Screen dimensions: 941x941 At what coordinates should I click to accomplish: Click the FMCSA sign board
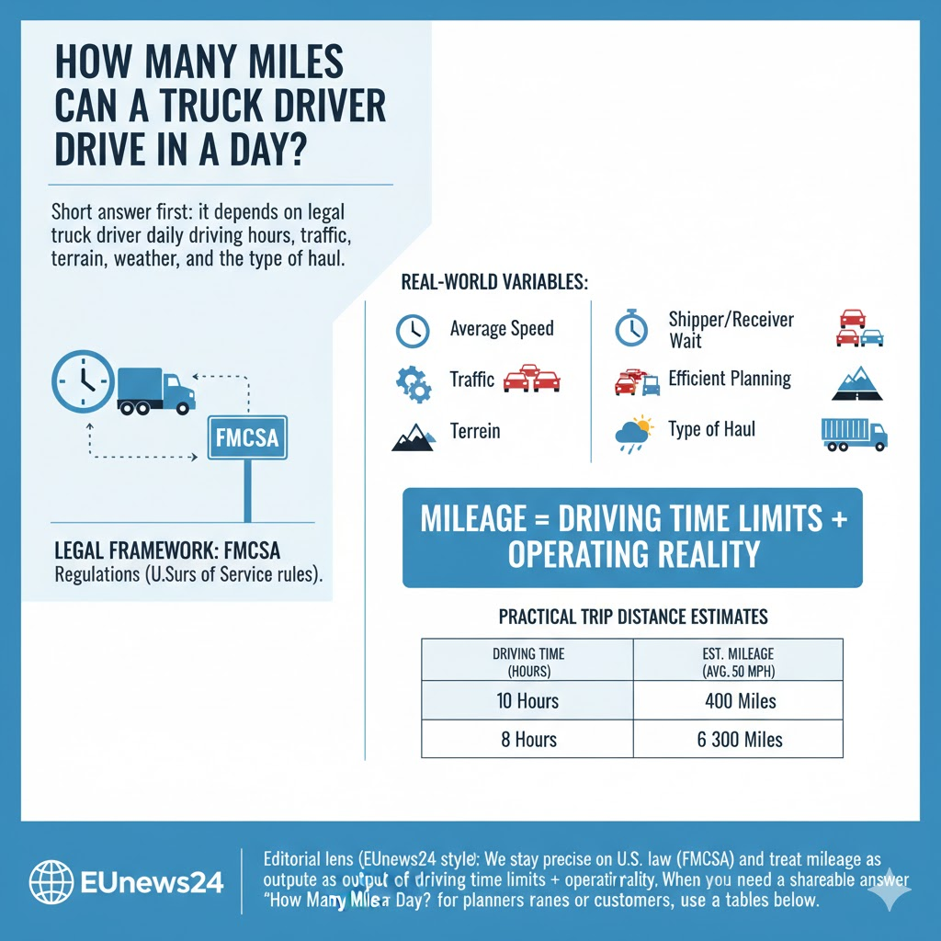(247, 439)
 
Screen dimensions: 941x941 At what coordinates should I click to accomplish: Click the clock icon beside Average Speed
(413, 330)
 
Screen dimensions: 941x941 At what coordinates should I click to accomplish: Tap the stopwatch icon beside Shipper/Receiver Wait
(631, 329)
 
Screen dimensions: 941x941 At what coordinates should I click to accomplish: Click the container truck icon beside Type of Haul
(854, 433)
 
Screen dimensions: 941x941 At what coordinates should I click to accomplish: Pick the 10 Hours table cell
(527, 702)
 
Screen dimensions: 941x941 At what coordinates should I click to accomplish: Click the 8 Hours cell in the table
(527, 739)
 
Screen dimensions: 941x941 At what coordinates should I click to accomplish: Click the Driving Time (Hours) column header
(527, 661)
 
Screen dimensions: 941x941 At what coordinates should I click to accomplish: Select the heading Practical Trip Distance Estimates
(632, 615)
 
